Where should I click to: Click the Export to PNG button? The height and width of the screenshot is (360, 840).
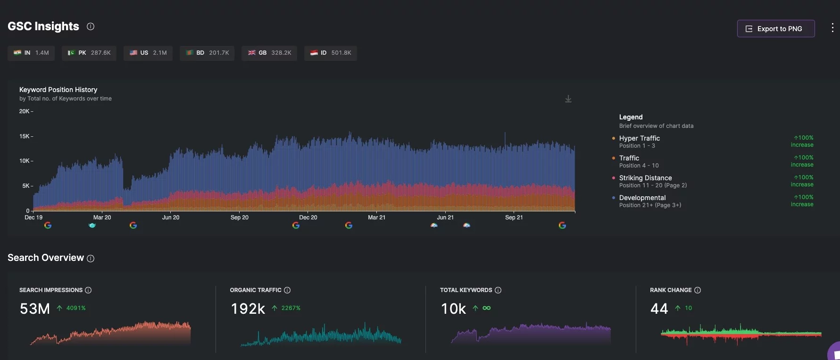tap(775, 29)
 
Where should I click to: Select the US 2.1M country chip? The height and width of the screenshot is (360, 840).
tap(148, 53)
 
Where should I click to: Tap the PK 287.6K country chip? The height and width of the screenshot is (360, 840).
tap(89, 53)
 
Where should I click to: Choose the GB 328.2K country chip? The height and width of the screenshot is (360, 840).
tap(269, 53)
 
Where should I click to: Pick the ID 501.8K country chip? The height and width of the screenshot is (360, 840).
tap(330, 53)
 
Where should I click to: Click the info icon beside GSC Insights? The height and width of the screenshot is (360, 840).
tap(91, 26)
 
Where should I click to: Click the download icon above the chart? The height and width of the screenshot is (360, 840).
tap(568, 99)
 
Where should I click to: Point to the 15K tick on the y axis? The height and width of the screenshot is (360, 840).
tap(25, 136)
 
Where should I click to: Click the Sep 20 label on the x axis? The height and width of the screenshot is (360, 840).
tap(239, 218)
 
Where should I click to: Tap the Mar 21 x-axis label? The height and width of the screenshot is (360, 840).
tap(376, 218)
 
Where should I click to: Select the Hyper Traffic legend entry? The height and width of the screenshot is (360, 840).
tap(639, 138)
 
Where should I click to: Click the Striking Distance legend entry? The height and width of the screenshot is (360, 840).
tap(645, 178)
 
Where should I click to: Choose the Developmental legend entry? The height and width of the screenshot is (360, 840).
tap(642, 198)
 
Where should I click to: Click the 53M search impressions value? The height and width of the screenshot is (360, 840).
tap(34, 309)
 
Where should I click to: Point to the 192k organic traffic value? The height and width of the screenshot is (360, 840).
tap(248, 309)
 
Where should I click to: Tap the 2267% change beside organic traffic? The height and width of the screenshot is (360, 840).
tap(291, 308)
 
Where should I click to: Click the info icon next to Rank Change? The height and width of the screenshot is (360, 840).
tap(698, 290)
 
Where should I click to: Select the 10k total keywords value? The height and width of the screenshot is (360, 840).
tap(453, 309)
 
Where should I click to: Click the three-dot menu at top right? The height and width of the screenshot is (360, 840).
tap(832, 28)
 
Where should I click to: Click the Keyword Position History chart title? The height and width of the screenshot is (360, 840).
tap(58, 90)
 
